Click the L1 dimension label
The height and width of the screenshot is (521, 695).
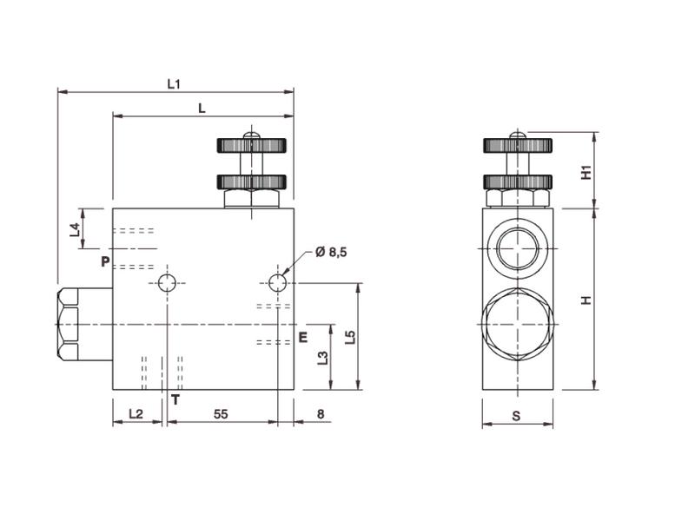point(174,84)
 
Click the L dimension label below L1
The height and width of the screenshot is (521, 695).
point(202,109)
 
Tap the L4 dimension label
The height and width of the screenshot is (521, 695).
point(75,229)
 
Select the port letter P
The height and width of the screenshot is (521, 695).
point(104,261)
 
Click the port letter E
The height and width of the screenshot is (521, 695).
point(302,337)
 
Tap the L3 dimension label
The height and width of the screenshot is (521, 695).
point(322,357)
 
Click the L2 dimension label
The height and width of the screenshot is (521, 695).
point(136,414)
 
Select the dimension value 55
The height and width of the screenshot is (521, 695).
point(221,414)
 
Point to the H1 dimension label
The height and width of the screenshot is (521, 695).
point(586,171)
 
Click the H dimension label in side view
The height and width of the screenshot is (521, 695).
point(586,300)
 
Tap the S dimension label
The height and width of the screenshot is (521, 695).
point(516,416)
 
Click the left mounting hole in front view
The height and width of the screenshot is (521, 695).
point(168,282)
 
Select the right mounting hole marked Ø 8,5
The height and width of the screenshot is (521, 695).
point(277,282)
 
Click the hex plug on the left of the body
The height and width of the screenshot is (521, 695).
point(83,324)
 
